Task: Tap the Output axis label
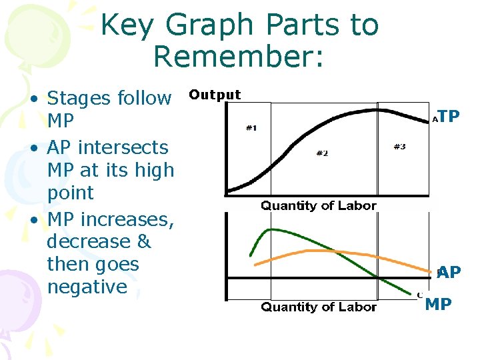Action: pos(215,95)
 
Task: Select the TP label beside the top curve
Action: pos(449,117)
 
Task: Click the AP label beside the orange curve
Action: pos(449,272)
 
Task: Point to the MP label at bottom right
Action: pos(438,305)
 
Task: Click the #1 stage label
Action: pos(251,128)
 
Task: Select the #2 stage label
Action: pos(322,153)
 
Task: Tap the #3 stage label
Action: pos(399,147)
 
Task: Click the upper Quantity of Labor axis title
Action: pos(319,205)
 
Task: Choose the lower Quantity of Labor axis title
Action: pos(319,307)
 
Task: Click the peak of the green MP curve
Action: pos(269,230)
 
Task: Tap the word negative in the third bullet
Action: pos(87,287)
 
